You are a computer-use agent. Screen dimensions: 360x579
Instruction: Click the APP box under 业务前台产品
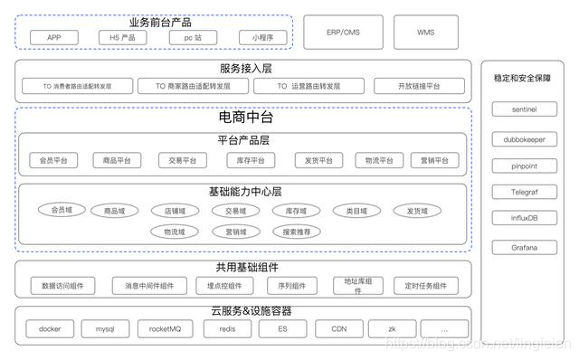[54, 37]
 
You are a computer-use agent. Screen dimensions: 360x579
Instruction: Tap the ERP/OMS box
[344, 32]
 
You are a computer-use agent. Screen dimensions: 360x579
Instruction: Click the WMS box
[425, 32]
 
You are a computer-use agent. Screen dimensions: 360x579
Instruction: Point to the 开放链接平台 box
[419, 87]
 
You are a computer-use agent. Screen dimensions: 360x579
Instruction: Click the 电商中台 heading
[245, 118]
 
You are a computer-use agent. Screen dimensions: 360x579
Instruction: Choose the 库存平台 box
[251, 160]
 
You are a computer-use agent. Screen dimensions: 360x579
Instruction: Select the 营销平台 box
[429, 160]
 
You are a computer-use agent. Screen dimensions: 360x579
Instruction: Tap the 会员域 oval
[62, 211]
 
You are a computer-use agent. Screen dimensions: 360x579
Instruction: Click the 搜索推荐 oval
[297, 232]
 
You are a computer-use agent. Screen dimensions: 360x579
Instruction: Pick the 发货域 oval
[416, 211]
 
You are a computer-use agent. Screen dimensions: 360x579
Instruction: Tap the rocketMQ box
[166, 329]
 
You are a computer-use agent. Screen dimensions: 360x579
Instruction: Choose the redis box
[228, 329]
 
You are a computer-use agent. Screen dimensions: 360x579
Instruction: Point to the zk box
[390, 329]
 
